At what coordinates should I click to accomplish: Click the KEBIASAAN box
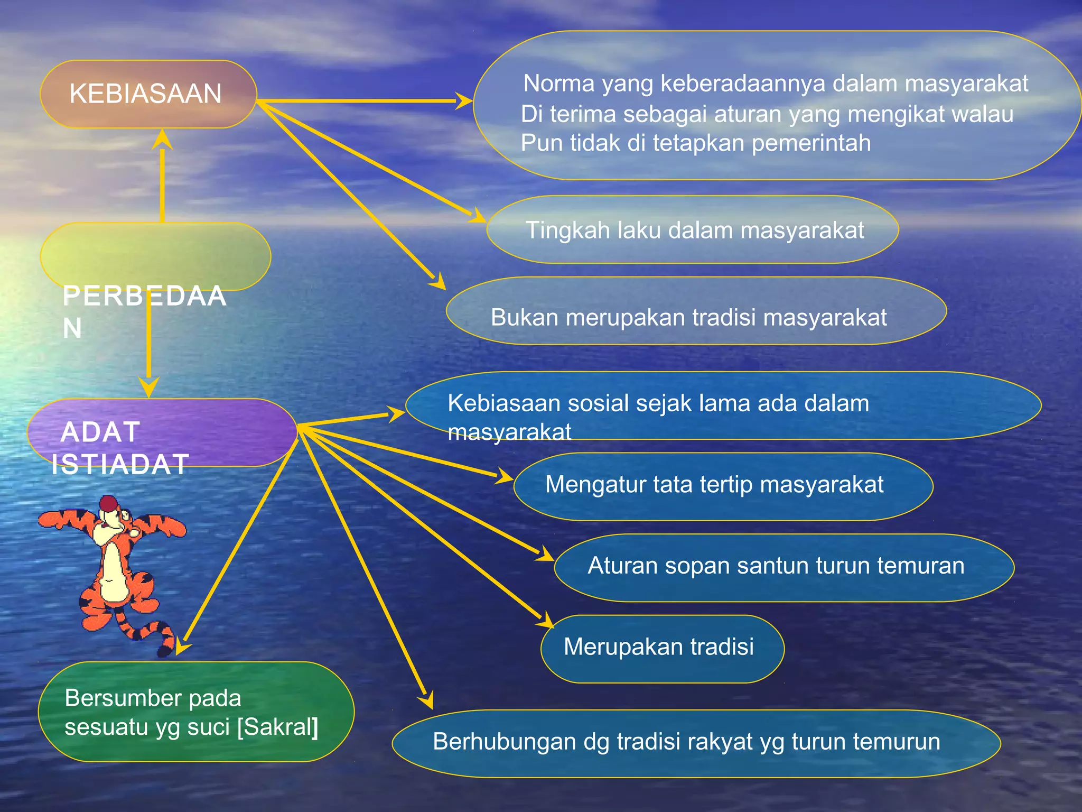[148, 94]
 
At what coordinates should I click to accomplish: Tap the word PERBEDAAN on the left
[144, 297]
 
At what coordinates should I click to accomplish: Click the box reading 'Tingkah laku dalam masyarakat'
[693, 230]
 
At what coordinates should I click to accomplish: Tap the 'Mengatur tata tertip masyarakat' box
[714, 485]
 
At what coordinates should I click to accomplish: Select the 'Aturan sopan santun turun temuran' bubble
[776, 566]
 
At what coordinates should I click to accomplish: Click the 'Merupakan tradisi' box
[659, 647]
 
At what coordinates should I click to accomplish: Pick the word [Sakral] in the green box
[278, 727]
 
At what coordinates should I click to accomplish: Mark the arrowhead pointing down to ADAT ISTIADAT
[149, 387]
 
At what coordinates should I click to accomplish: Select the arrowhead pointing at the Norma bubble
[464, 100]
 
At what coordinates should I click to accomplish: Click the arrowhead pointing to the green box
[182, 648]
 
